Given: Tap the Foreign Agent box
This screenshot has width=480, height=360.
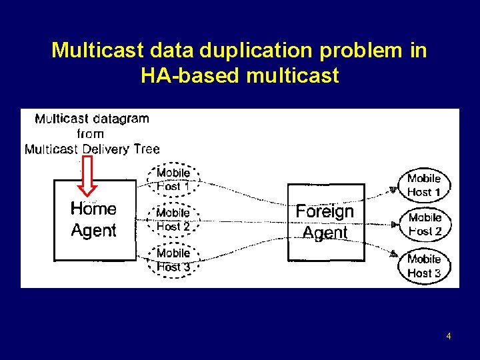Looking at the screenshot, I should pos(326,222).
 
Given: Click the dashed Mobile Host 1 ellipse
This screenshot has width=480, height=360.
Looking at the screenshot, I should pos(173,179).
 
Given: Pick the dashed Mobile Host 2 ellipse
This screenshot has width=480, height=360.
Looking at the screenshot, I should pos(173,219).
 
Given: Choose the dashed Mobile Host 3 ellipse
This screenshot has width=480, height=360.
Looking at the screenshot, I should pos(173,260).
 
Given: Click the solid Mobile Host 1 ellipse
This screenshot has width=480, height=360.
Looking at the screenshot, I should pos(424,185).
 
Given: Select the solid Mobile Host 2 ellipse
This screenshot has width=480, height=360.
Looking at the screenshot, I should pos(425,225).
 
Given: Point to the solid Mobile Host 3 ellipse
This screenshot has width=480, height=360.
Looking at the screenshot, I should pos(424,265).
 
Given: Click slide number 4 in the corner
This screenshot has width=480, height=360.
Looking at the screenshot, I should pos(449,336).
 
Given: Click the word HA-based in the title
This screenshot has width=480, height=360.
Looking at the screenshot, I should pos(191,76).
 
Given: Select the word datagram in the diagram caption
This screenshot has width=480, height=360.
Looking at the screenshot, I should pos(121,119).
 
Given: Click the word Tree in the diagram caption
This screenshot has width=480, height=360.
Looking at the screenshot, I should pos(147,149).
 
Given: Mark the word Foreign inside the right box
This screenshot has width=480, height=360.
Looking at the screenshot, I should pos(325,212).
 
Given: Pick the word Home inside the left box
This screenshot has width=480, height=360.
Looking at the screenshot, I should pos(93,209).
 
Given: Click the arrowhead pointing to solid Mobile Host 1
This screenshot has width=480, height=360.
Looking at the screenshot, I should pos(393,190).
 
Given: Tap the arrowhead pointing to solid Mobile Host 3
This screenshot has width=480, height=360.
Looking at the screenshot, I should pos(394,253).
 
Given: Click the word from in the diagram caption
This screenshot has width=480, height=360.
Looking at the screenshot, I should pos(91,134).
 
